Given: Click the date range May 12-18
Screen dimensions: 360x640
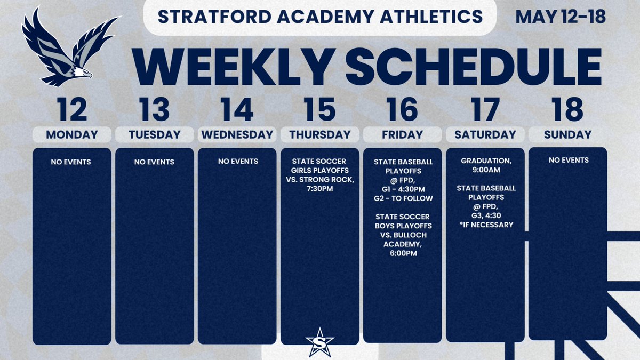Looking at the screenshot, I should [560, 17].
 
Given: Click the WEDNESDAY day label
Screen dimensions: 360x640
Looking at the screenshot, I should [237, 135].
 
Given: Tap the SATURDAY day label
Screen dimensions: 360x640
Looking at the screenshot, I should [485, 135].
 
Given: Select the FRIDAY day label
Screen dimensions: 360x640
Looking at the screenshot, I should [402, 135].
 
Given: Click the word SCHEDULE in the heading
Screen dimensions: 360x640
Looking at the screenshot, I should [474, 67].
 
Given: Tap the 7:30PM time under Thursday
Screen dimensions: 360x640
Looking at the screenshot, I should [320, 189].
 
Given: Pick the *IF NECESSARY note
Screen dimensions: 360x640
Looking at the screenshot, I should [485, 225].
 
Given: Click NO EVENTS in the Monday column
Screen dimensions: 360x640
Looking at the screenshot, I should [72, 162].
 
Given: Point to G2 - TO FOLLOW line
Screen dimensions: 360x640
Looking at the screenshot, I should [403, 198].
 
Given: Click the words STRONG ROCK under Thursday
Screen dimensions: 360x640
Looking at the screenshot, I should [331, 180].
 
